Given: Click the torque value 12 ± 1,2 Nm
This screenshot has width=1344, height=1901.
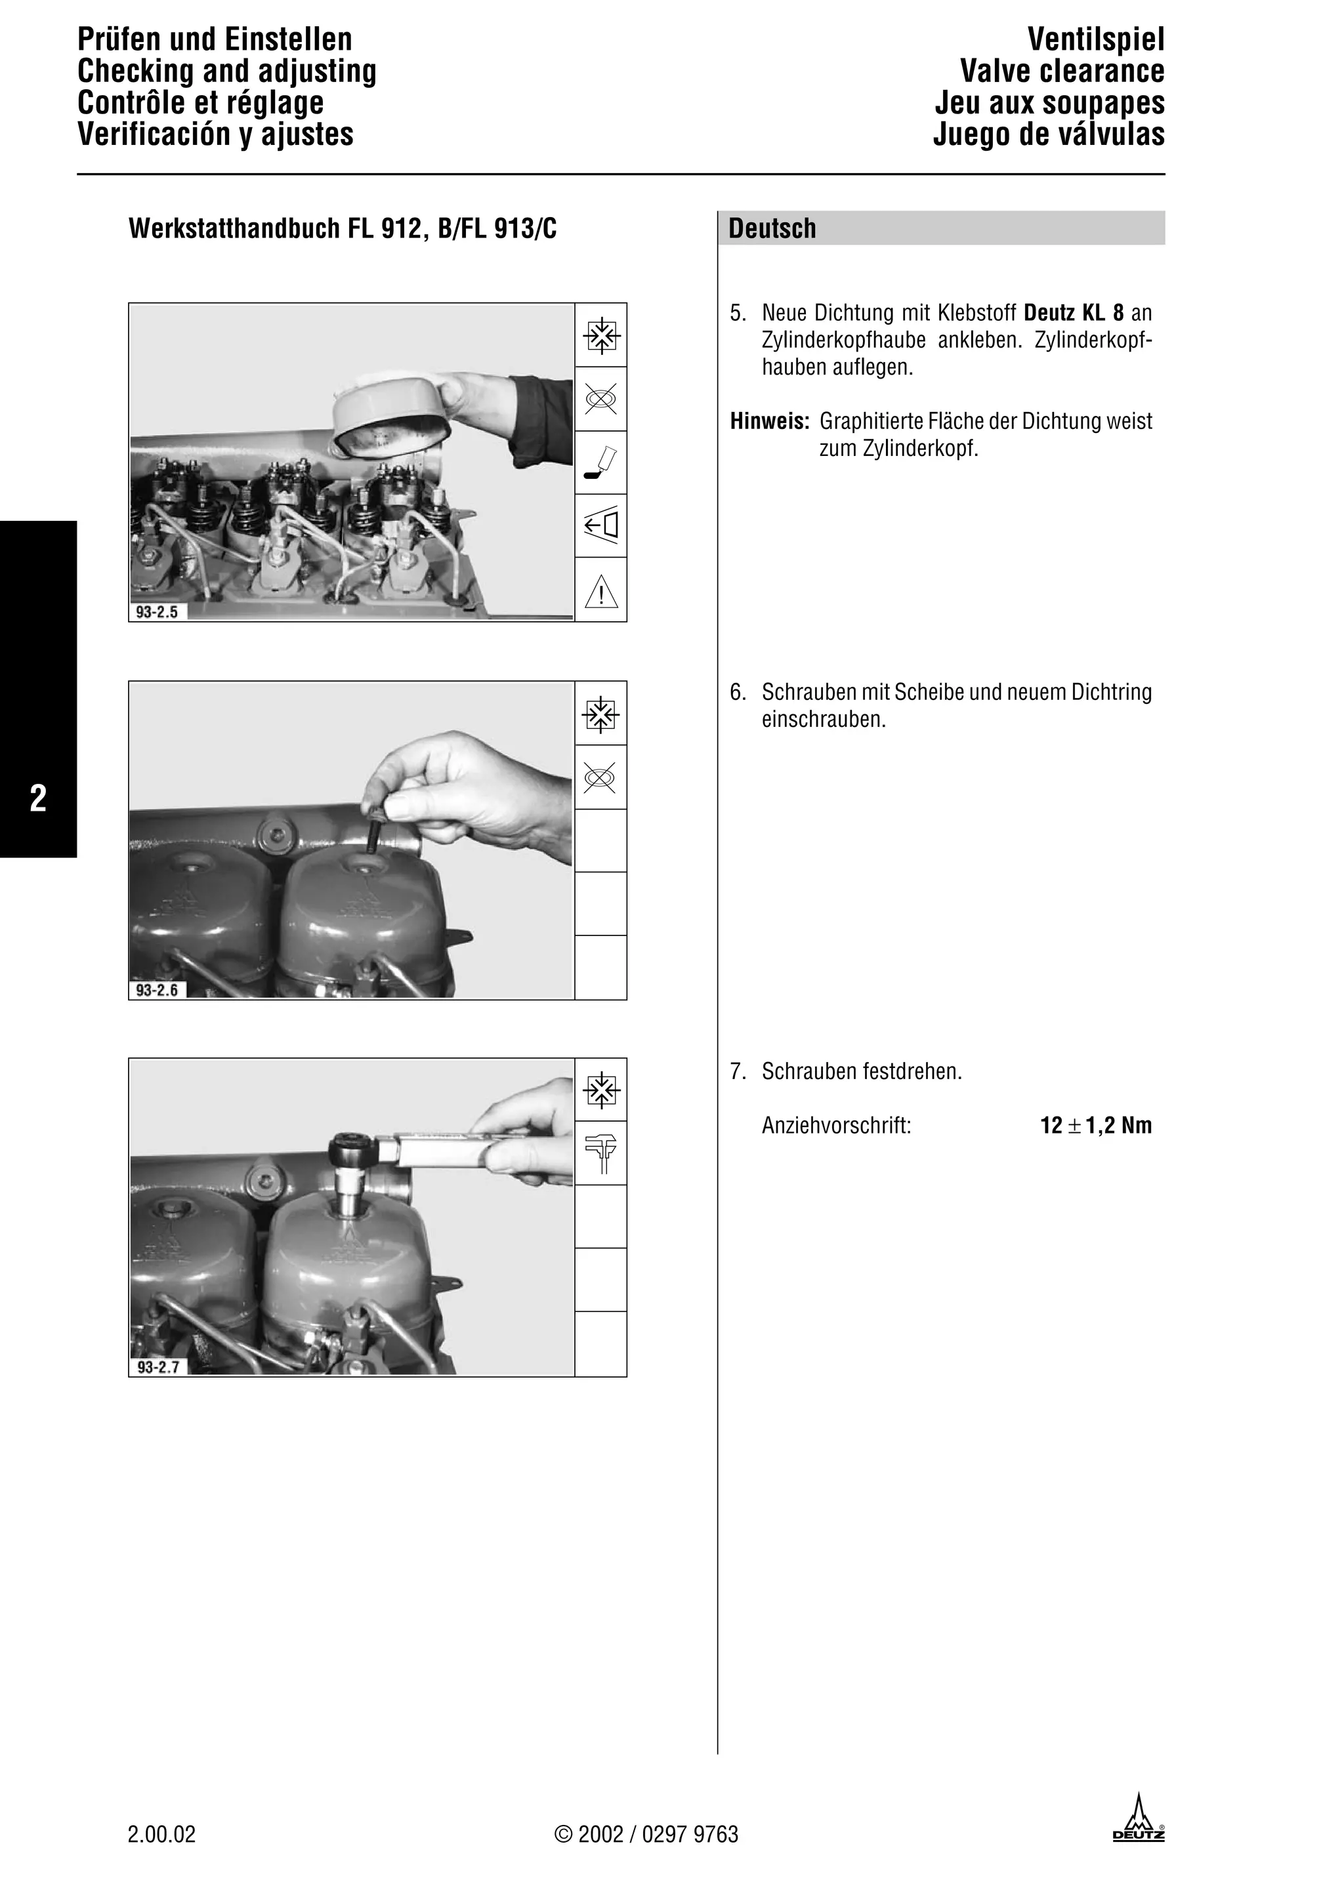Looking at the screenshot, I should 1095,1126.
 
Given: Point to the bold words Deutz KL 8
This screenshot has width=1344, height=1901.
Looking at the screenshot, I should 1074,314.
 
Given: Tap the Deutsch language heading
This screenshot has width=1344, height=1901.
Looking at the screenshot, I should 772,228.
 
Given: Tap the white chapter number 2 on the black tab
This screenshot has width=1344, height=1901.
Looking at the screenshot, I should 38,798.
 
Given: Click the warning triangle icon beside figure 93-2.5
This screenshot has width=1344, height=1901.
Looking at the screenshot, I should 601,591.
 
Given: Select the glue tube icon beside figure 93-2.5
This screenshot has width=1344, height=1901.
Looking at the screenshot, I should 601,463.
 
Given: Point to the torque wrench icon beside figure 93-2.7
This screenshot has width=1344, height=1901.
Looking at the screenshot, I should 601,1153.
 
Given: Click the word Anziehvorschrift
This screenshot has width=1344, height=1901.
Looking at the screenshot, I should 836,1126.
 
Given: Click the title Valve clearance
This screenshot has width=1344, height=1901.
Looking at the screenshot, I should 1062,72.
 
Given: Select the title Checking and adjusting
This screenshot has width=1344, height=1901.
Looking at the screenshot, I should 227,72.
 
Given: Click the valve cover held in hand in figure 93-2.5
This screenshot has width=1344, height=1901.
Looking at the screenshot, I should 389,422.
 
